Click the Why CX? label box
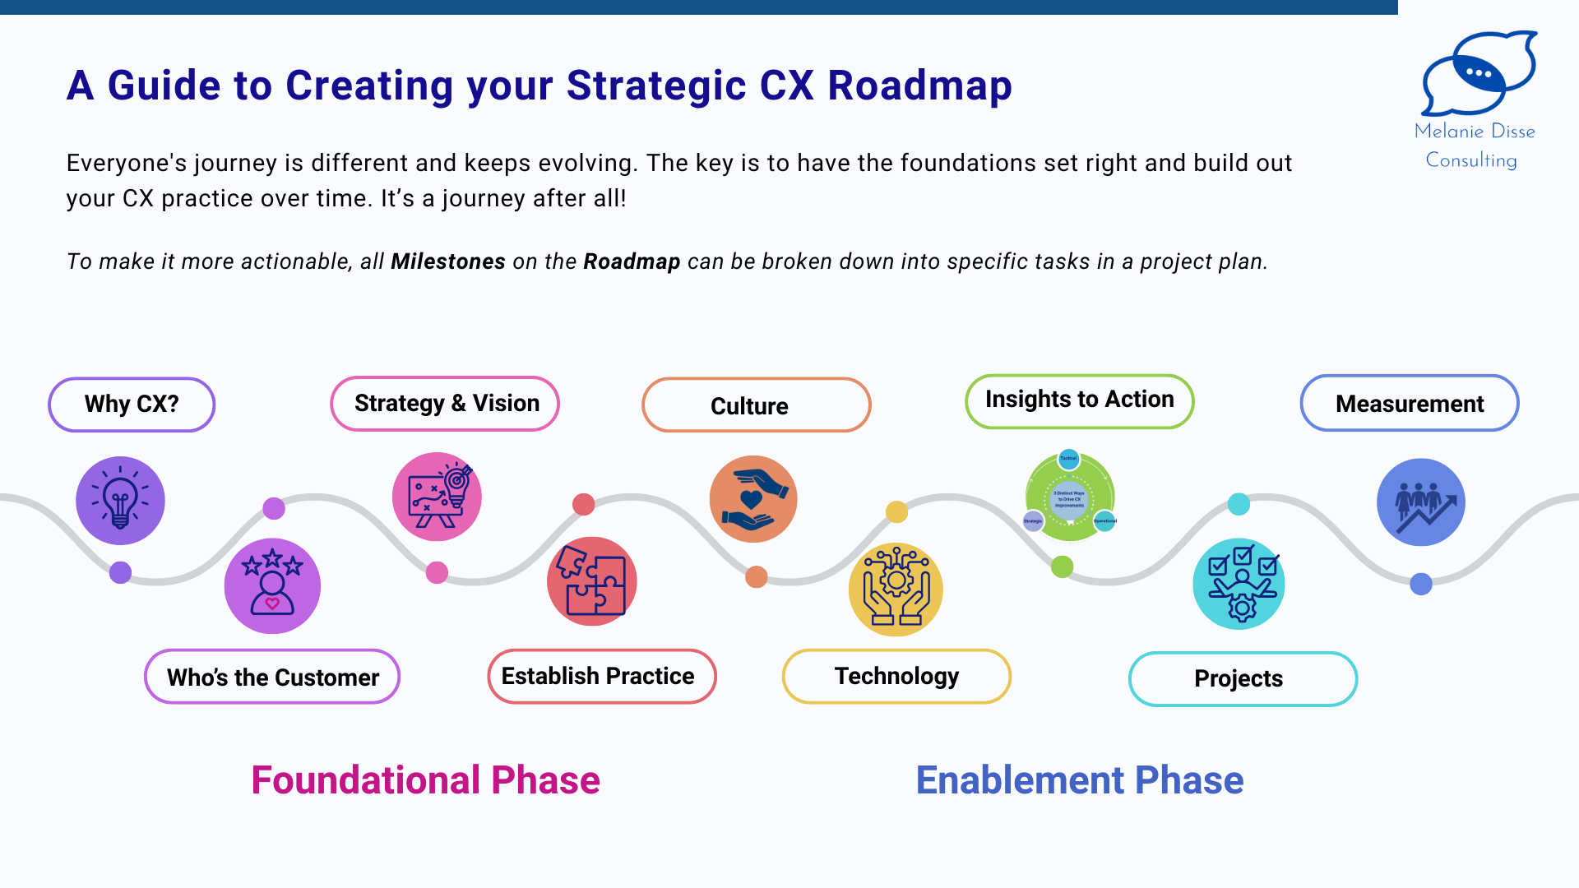pyautogui.click(x=132, y=405)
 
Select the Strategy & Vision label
pyautogui.click(x=445, y=404)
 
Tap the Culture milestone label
pyautogui.click(x=756, y=405)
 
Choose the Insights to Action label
pyautogui.click(x=1079, y=400)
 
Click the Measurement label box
pyautogui.click(x=1409, y=404)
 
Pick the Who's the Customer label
pyautogui.click(x=272, y=677)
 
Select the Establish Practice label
pyautogui.click(x=601, y=676)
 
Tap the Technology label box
pyautogui.click(x=896, y=676)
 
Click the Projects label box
pyautogui.click(x=1243, y=678)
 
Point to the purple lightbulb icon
pyautogui.click(x=120, y=500)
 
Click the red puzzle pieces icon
pyautogui.click(x=591, y=581)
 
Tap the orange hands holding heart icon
pyautogui.click(x=753, y=499)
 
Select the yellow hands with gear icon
pyautogui.click(x=896, y=589)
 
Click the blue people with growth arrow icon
pyautogui.click(x=1420, y=502)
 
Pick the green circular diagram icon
pyautogui.click(x=1070, y=497)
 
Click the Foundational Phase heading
pyautogui.click(x=425, y=779)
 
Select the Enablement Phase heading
pyautogui.click(x=1079, y=779)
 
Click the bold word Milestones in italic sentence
pyautogui.click(x=447, y=261)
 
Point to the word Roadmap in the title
pyautogui.click(x=919, y=86)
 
